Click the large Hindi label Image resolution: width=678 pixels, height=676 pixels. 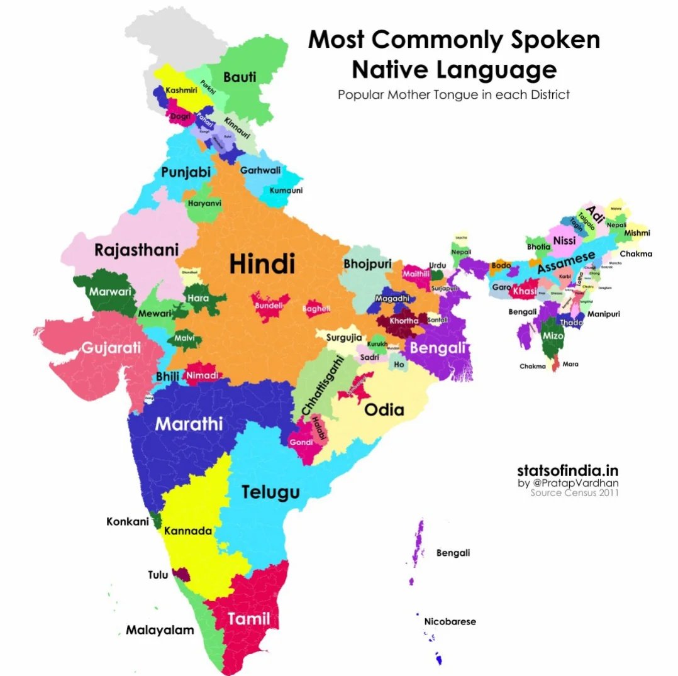pos(262,263)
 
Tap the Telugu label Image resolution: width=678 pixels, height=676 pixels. pos(270,492)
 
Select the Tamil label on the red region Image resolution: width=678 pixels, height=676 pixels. pos(248,619)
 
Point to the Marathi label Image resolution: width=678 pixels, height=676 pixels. pos(189,424)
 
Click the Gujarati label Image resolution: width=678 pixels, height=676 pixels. pos(110,348)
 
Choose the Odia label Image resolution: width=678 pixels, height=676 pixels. pos(384,410)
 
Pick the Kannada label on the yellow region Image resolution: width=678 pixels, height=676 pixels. pos(187,531)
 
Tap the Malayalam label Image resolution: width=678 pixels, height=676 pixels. pos(160,629)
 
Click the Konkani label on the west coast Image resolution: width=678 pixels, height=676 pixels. pos(128,521)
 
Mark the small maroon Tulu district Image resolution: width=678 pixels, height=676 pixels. pos(181,574)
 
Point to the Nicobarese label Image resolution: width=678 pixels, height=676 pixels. pos(450,621)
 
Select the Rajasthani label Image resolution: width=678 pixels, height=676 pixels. pos(136,250)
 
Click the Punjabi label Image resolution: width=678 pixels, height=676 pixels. pos(186,172)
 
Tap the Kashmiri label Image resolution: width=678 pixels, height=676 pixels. pos(182,91)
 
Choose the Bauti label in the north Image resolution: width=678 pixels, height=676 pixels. pos(240,77)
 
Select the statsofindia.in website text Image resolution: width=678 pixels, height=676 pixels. pos(567,470)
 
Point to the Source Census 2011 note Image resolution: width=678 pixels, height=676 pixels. pos(574,493)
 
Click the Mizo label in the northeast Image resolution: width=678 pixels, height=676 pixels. pos(552,336)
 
